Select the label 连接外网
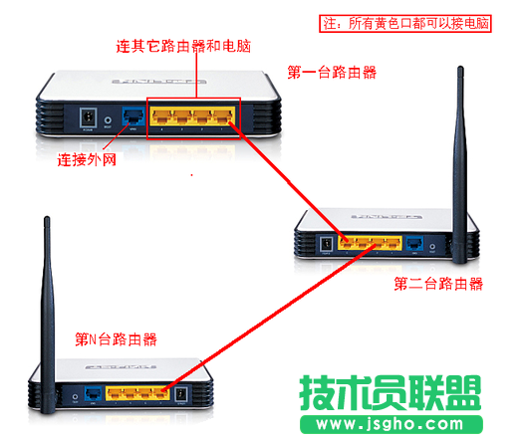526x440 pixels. tap(89, 157)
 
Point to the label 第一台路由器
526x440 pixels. tap(332, 72)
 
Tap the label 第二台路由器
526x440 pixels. tap(438, 284)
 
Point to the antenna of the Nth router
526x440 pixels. tap(47, 299)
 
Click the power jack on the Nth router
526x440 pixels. tap(180, 394)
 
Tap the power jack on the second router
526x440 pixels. tap(324, 243)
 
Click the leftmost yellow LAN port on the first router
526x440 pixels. tap(162, 114)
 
